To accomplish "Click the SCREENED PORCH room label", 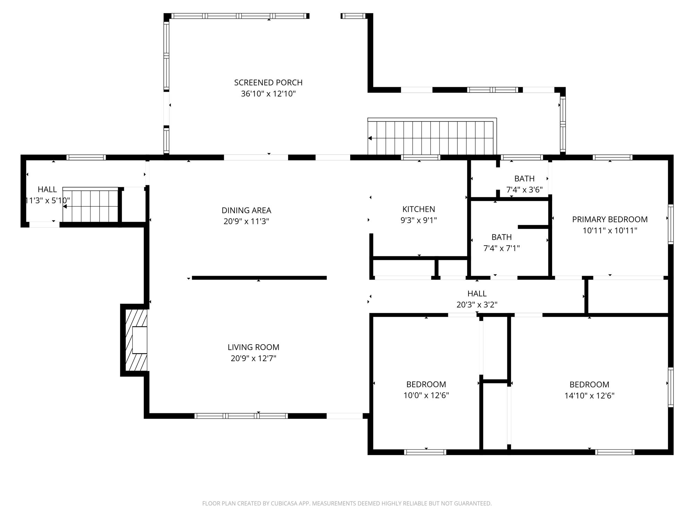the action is pos(268,83).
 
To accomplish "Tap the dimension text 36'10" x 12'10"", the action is pos(268,94).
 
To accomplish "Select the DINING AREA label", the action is pos(246,210).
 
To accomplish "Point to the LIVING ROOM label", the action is pos(253,347).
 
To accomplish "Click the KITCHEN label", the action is pos(418,209).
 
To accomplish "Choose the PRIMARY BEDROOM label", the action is pos(610,220).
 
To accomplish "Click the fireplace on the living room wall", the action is pos(136,340).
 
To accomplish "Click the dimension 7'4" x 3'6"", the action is pos(524,190).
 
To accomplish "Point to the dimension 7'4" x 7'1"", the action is pos(501,248).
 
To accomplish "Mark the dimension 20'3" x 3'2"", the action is pos(477,305).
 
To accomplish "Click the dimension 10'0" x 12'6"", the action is pos(426,395).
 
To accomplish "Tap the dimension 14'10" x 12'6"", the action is pos(589,396).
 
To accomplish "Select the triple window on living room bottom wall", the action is pos(241,416).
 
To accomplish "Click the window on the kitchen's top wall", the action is pos(421,157).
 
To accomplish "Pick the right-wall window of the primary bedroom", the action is pos(671,224).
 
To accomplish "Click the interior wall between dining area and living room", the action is pos(259,278).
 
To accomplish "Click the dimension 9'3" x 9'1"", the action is pos(418,220).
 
